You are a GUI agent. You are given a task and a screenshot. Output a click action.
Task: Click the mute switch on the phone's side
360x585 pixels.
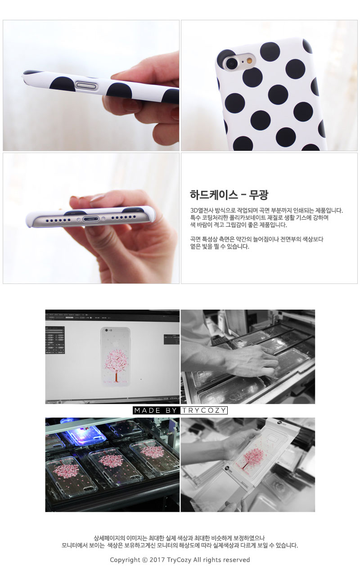click(x=87, y=85)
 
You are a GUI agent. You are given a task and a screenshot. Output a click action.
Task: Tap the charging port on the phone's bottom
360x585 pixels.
click(x=90, y=218)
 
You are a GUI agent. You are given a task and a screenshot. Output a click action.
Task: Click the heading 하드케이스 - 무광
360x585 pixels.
click(x=229, y=194)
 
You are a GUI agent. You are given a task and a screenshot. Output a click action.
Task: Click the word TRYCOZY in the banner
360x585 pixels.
click(x=204, y=410)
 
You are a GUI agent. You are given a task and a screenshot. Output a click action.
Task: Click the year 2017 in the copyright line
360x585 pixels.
click(x=157, y=560)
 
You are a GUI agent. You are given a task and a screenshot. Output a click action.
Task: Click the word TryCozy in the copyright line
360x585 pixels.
click(x=179, y=560)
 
